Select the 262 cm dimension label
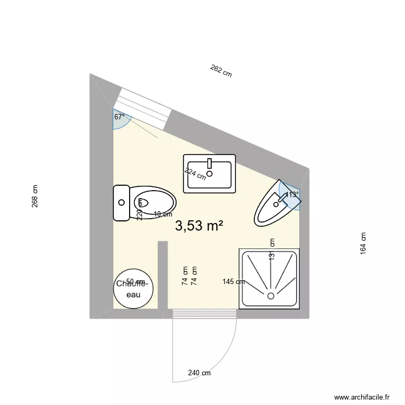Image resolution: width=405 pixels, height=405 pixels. (x=221, y=71)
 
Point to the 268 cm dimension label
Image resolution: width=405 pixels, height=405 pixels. (x=35, y=197)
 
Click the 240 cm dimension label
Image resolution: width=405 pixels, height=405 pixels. (x=199, y=373)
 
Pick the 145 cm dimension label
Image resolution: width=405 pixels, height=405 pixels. (x=233, y=281)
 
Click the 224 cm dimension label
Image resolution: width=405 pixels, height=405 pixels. (x=195, y=173)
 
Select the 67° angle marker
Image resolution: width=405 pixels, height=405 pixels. (x=119, y=117)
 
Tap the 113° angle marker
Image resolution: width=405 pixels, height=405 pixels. (x=292, y=194)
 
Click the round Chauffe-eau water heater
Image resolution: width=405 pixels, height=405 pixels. (x=133, y=288)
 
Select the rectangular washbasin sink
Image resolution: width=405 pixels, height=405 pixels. (x=210, y=173)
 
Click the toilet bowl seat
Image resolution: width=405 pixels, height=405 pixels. (x=153, y=203)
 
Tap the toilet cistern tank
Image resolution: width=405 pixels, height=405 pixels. (x=121, y=202)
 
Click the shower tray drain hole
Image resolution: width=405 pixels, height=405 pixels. (x=271, y=295)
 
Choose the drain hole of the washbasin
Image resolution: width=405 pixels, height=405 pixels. (x=210, y=174)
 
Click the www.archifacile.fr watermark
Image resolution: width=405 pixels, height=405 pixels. (x=362, y=396)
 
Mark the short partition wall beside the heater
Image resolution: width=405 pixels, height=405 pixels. (x=162, y=275)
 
